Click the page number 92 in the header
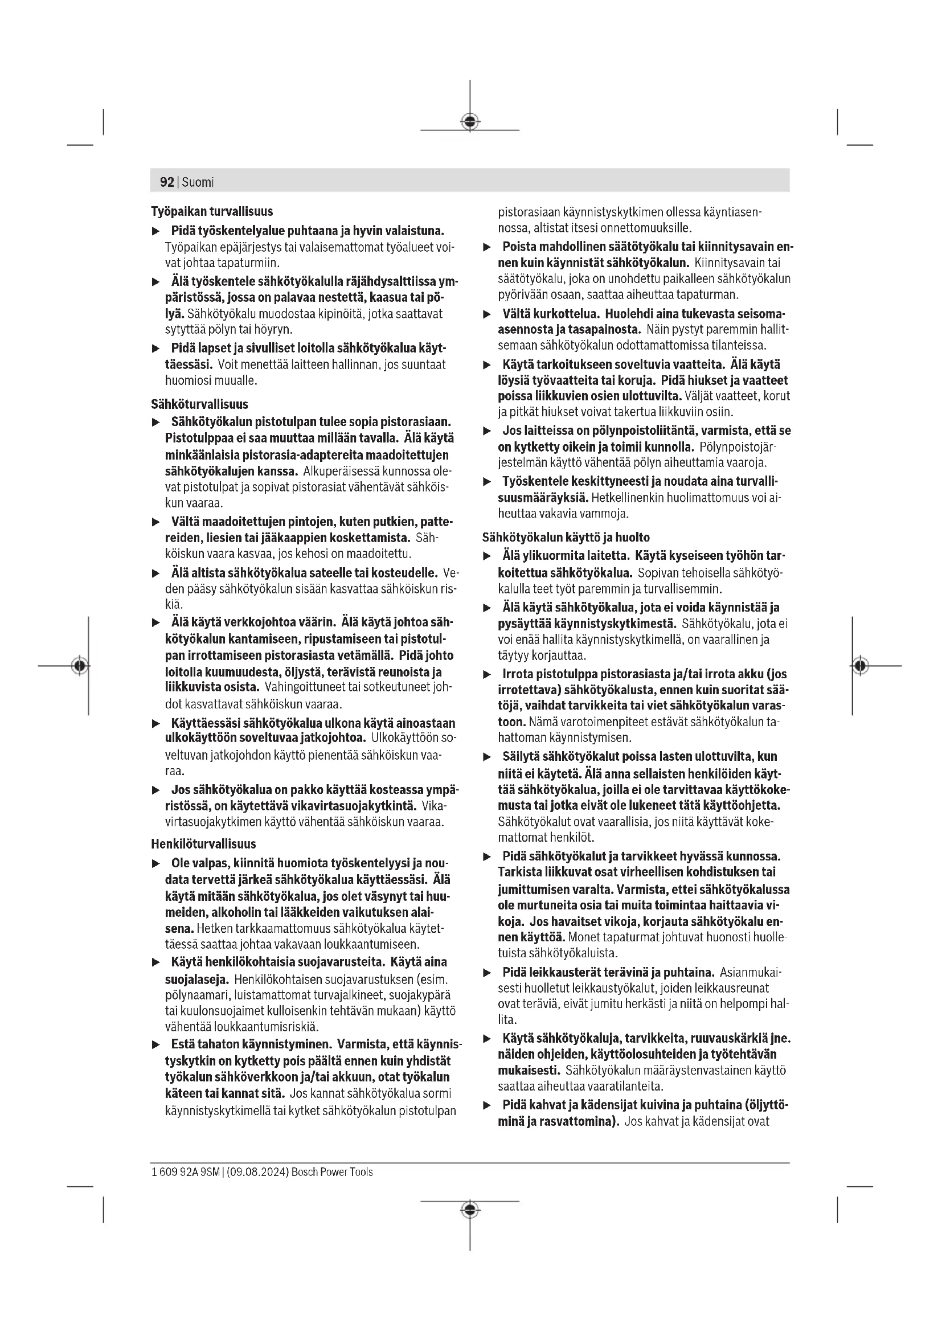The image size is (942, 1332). (166, 182)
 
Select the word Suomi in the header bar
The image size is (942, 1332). (198, 182)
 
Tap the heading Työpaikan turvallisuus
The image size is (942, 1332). (212, 211)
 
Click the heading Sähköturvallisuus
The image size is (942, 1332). (199, 404)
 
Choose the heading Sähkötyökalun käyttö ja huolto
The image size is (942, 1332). (566, 537)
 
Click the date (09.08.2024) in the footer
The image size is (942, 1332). (258, 1172)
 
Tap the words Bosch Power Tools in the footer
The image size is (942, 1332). (333, 1172)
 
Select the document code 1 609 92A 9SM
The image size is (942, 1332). (186, 1172)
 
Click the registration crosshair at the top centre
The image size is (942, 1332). (470, 122)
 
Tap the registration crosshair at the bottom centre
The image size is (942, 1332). (470, 1210)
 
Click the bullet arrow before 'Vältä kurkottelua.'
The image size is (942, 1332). (488, 314)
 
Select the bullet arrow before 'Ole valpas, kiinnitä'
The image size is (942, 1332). (155, 864)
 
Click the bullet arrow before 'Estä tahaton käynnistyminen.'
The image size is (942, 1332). (155, 1045)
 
